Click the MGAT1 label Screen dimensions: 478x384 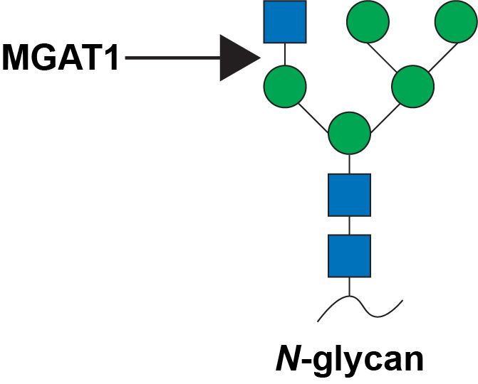tap(60, 58)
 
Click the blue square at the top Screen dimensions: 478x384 tap(285, 22)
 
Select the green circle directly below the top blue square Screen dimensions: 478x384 tap(285, 87)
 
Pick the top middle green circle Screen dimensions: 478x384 tap(368, 21)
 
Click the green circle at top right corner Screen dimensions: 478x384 tap(457, 21)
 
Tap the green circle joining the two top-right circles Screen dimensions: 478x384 tap(412, 87)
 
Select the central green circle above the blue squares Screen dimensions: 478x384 tap(349, 133)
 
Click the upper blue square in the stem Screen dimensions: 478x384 tap(349, 195)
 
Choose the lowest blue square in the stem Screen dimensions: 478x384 tap(349, 256)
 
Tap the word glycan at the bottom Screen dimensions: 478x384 tap(368, 361)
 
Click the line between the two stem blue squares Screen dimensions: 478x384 tap(349, 225)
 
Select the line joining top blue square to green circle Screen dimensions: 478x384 tap(285, 54)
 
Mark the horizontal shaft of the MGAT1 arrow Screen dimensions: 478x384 tap(173, 58)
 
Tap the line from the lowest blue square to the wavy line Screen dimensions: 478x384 tap(349, 287)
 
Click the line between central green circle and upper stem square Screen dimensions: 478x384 tap(349, 164)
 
